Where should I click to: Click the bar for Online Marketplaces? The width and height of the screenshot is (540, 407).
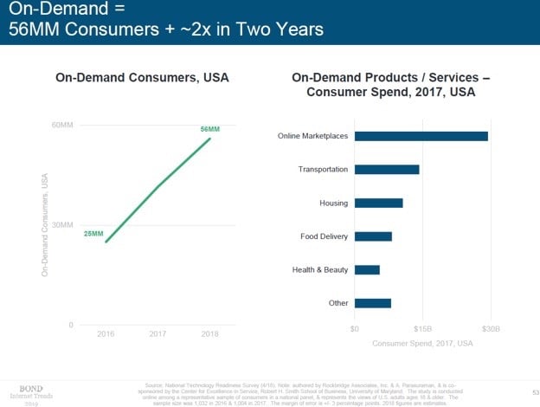(x=421, y=136)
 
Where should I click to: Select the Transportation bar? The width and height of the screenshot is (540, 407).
(x=387, y=170)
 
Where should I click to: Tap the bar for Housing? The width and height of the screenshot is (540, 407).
(x=378, y=203)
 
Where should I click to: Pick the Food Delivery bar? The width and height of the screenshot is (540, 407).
(x=373, y=236)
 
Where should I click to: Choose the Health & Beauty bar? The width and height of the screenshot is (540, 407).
(x=367, y=269)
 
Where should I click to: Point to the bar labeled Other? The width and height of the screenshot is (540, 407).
(x=372, y=303)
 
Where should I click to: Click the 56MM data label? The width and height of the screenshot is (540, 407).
(x=210, y=129)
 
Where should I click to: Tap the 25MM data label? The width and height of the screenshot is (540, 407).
(x=93, y=234)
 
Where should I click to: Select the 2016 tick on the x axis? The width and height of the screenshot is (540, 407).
(x=106, y=334)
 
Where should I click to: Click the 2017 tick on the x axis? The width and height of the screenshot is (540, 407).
(x=157, y=334)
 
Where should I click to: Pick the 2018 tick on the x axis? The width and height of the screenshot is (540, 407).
(x=209, y=334)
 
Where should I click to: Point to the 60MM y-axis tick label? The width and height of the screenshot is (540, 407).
(x=61, y=126)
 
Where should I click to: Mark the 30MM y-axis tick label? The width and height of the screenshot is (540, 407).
(x=61, y=225)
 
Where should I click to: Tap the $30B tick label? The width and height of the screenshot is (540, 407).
(x=491, y=329)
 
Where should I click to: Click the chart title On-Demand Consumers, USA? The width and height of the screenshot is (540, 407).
(x=141, y=78)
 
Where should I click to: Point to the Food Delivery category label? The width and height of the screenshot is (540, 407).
(x=324, y=236)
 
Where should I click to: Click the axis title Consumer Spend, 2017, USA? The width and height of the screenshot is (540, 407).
(x=422, y=344)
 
